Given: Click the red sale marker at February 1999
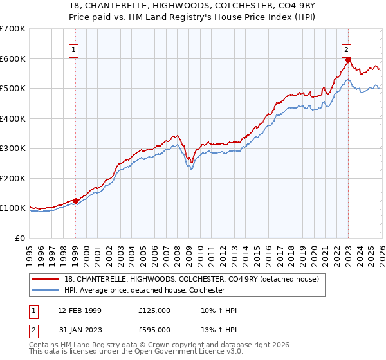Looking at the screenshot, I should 75,201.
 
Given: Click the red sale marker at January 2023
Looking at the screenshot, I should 348,61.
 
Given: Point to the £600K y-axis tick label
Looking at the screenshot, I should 12,59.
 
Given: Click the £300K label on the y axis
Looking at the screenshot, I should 12,148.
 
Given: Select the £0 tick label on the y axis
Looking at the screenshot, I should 20,238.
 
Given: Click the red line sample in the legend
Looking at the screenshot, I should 46,278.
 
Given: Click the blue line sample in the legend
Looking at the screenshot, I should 46,291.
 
